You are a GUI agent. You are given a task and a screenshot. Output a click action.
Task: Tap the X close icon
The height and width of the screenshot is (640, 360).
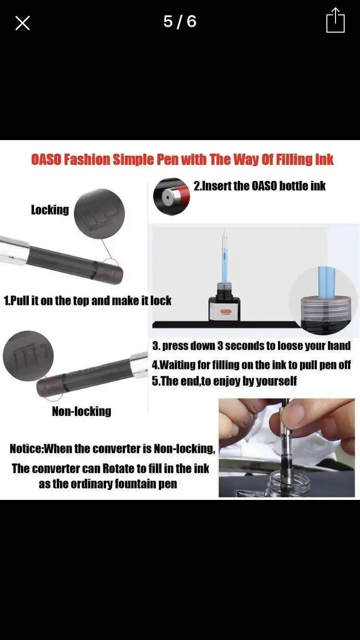coord(22,23)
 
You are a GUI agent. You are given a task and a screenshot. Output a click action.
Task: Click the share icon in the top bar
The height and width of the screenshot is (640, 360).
coord(336,20)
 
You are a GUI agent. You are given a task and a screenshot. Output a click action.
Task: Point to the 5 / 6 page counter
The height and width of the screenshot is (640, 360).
coord(180,22)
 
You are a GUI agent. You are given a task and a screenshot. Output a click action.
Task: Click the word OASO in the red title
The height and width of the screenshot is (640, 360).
coord(46,159)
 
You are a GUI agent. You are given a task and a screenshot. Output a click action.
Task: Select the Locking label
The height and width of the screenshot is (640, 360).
coord(50,210)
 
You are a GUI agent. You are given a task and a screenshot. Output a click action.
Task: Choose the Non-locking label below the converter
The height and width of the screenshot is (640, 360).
coord(82,412)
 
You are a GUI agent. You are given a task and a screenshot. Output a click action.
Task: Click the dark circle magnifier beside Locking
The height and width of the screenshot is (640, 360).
coord(99,213)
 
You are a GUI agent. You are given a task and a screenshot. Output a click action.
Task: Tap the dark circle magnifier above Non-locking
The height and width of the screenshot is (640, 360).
coord(28,356)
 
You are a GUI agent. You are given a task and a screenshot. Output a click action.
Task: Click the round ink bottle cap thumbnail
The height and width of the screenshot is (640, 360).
coord(171,196)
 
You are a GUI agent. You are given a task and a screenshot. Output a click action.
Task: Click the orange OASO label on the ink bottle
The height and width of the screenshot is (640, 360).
coord(226,311)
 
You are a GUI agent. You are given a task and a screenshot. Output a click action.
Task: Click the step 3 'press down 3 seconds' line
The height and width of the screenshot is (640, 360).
coord(252,346)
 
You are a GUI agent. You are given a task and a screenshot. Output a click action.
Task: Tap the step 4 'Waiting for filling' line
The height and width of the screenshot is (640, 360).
coord(252,365)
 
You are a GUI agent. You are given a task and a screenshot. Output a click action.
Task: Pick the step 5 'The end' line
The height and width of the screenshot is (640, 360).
coord(224,381)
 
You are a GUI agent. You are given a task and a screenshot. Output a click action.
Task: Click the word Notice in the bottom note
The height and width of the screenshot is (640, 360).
coord(26,449)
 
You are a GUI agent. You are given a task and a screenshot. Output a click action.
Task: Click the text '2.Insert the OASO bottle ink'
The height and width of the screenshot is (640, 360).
coord(260,186)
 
